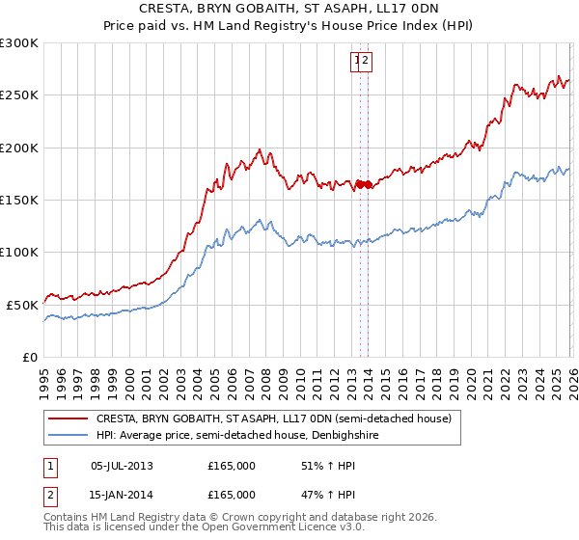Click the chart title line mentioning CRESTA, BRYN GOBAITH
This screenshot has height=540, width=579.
pos(289,8)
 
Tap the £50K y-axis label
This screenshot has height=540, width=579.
pos(22,305)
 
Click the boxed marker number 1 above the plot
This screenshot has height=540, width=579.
pos(357,62)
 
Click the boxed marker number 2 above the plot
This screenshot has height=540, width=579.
pos(367,62)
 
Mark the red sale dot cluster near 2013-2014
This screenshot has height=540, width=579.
pos(364,184)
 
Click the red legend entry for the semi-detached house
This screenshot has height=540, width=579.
pos(273,419)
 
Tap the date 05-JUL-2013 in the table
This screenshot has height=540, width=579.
pos(122,466)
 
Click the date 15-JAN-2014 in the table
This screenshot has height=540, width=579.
pos(122,495)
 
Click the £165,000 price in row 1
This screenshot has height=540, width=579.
pos(232,466)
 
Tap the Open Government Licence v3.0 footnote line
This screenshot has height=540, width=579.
pos(203,529)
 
